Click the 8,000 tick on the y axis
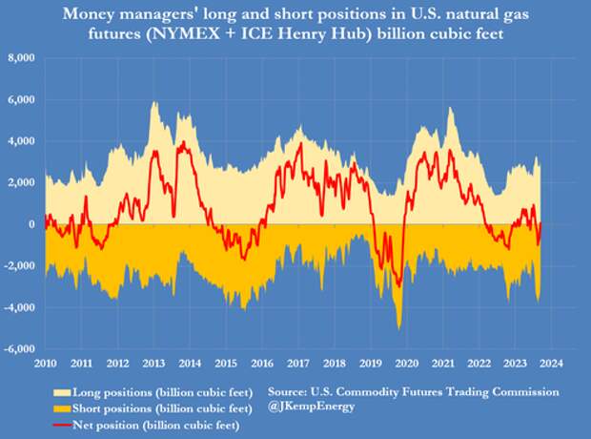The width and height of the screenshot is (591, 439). (21, 58)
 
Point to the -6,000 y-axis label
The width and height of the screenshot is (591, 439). (19, 348)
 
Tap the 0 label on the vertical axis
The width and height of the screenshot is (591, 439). (31, 224)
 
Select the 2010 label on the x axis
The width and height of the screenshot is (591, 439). (45, 363)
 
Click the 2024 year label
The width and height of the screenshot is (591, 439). (551, 363)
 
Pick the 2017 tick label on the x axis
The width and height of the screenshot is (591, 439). (298, 363)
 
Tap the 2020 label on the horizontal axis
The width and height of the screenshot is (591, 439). (407, 363)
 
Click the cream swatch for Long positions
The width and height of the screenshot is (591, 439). (62, 393)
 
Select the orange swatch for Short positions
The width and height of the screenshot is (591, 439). (62, 408)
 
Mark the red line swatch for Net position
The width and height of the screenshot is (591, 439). (62, 426)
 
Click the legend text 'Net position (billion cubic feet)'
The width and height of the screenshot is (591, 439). (156, 426)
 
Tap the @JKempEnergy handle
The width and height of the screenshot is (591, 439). (312, 407)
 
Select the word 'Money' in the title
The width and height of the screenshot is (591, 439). (85, 14)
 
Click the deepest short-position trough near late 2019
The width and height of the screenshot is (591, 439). (399, 329)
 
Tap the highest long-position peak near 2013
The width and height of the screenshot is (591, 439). (153, 102)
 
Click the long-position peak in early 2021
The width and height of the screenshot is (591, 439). (450, 108)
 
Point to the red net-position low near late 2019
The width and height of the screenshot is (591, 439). (399, 286)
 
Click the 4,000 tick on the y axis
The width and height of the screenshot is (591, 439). (21, 141)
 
